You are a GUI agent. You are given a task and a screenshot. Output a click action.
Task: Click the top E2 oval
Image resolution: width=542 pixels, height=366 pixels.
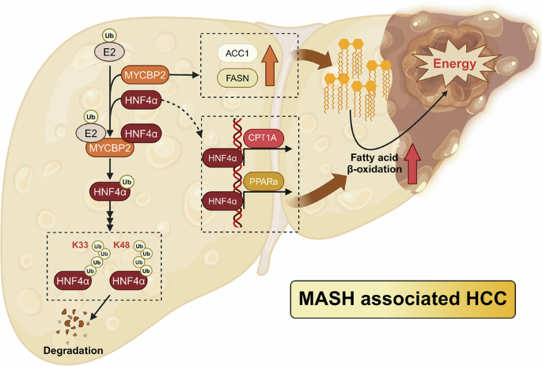pos(109,53)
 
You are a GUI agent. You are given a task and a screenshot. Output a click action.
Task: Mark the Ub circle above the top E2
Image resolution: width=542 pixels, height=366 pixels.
pos(109,35)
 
